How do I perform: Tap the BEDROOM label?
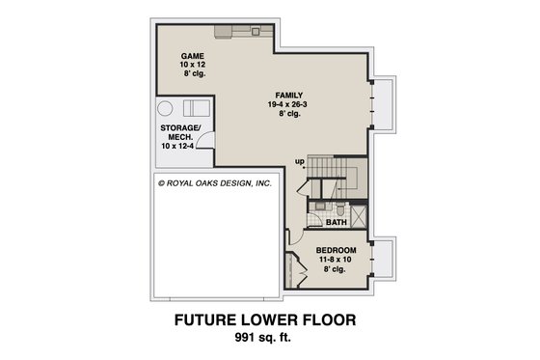point(337,250)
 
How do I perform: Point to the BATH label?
point(336,223)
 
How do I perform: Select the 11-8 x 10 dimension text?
point(337,260)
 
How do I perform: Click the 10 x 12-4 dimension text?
point(180,150)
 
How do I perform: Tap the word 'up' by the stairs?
point(300,160)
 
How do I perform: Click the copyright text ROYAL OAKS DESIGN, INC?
point(208,180)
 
